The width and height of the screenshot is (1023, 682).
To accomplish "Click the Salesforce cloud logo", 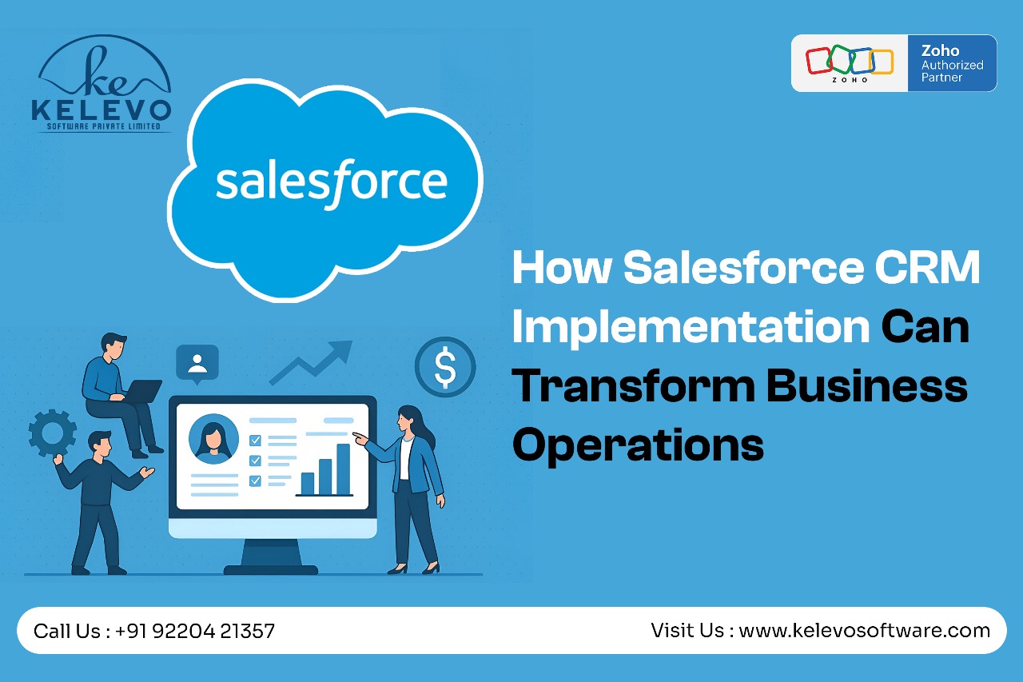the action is click(325, 189).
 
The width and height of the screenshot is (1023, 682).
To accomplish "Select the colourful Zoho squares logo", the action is click(850, 63).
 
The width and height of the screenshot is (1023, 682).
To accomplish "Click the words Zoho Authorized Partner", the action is click(952, 63).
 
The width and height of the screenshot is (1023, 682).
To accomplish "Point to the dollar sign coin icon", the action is click(445, 367).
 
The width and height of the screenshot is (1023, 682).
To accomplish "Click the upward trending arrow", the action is click(311, 363).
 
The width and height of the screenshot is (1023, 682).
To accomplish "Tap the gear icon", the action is click(52, 433).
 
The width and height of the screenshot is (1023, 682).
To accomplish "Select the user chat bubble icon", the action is click(197, 364).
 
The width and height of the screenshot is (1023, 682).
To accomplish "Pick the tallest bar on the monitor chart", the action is click(344, 469).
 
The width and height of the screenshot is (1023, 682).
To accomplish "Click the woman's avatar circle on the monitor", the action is click(213, 439).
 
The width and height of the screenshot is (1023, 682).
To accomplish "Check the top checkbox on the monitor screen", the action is click(255, 441).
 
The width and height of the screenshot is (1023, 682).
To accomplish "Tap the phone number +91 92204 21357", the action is click(195, 631).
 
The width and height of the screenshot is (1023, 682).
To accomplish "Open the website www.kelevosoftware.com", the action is click(865, 630).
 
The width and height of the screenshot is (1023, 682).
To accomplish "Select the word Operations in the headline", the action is click(638, 445).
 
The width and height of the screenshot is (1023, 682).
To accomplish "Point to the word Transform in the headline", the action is click(634, 386).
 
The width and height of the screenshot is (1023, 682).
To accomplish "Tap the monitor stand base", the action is click(270, 569).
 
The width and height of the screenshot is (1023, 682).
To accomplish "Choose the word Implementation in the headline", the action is click(691, 327).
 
